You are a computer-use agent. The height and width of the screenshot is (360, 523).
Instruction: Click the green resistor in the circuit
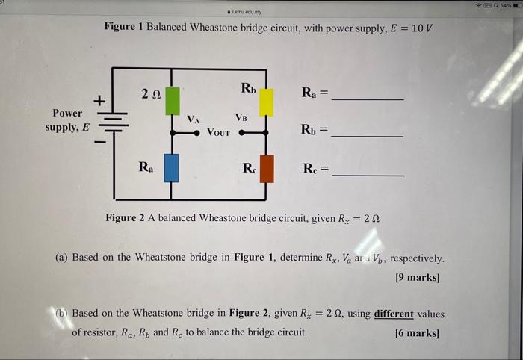[x=173, y=99]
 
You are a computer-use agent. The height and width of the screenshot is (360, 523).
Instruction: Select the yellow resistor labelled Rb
[x=266, y=102]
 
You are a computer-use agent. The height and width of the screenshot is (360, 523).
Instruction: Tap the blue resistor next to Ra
[x=172, y=169]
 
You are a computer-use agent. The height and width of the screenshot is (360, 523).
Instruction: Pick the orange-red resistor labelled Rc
[x=266, y=169]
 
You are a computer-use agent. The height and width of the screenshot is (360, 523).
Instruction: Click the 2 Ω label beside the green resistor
[x=150, y=93]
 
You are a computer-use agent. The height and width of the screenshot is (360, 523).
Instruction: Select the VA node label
[x=194, y=119]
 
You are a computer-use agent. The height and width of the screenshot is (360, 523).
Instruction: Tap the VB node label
[x=241, y=117]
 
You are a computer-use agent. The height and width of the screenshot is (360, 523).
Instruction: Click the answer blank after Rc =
[x=368, y=174]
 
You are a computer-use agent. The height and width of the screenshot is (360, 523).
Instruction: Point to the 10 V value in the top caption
[x=421, y=27]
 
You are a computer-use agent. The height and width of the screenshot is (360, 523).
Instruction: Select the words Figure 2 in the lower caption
[x=131, y=217]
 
